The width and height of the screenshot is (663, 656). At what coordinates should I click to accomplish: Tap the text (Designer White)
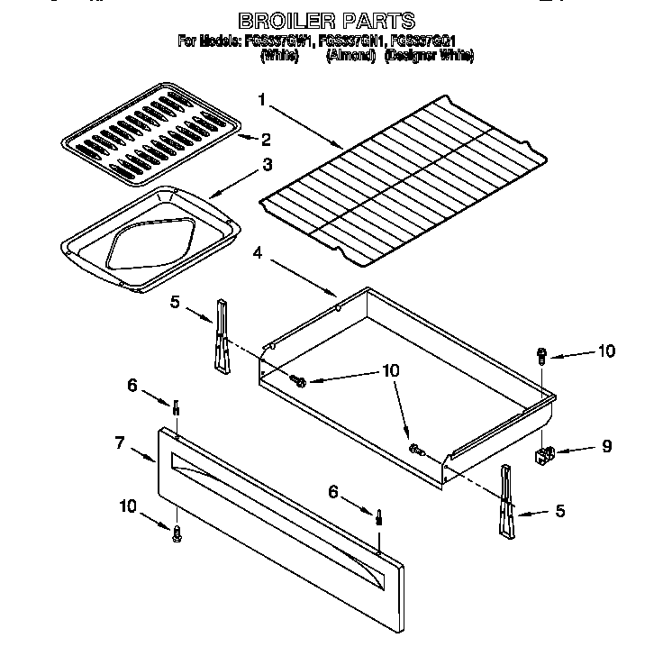429,56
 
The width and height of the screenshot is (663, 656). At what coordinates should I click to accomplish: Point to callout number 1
261,100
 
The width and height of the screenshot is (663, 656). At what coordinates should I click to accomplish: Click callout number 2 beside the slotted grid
266,140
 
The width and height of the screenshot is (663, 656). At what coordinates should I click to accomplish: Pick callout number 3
267,165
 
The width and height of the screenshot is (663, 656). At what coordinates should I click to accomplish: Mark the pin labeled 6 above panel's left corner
177,409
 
